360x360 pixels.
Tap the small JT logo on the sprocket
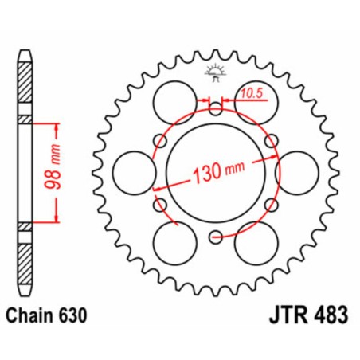pos(215,72)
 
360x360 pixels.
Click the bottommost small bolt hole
pos(215,236)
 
